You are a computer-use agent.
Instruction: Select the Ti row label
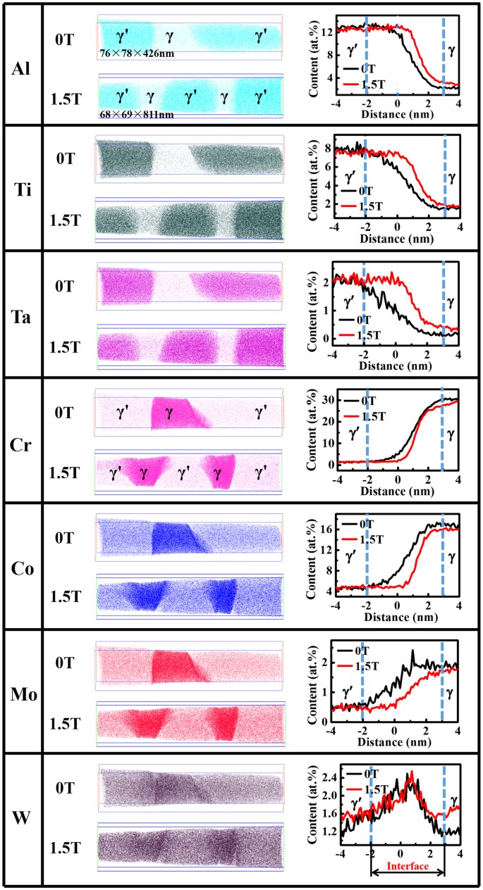click(x=20, y=189)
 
